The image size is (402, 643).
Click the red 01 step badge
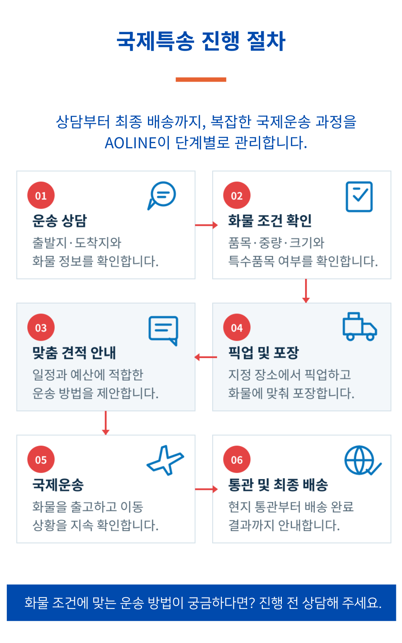point(41,195)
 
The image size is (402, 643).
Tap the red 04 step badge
point(237,327)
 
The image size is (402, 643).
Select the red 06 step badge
point(237,459)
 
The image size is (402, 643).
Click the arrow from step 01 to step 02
point(206,225)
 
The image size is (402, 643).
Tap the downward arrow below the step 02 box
point(306,291)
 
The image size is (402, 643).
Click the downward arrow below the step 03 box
point(106,423)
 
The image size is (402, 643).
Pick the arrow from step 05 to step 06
point(206,489)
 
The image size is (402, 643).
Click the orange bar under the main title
point(201,80)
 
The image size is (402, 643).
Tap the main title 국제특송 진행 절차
point(201,41)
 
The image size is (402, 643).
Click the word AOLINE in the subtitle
point(131,143)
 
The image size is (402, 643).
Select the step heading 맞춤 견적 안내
point(74,353)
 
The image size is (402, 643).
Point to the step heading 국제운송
point(58,485)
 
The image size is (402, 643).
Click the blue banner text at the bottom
point(203,603)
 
